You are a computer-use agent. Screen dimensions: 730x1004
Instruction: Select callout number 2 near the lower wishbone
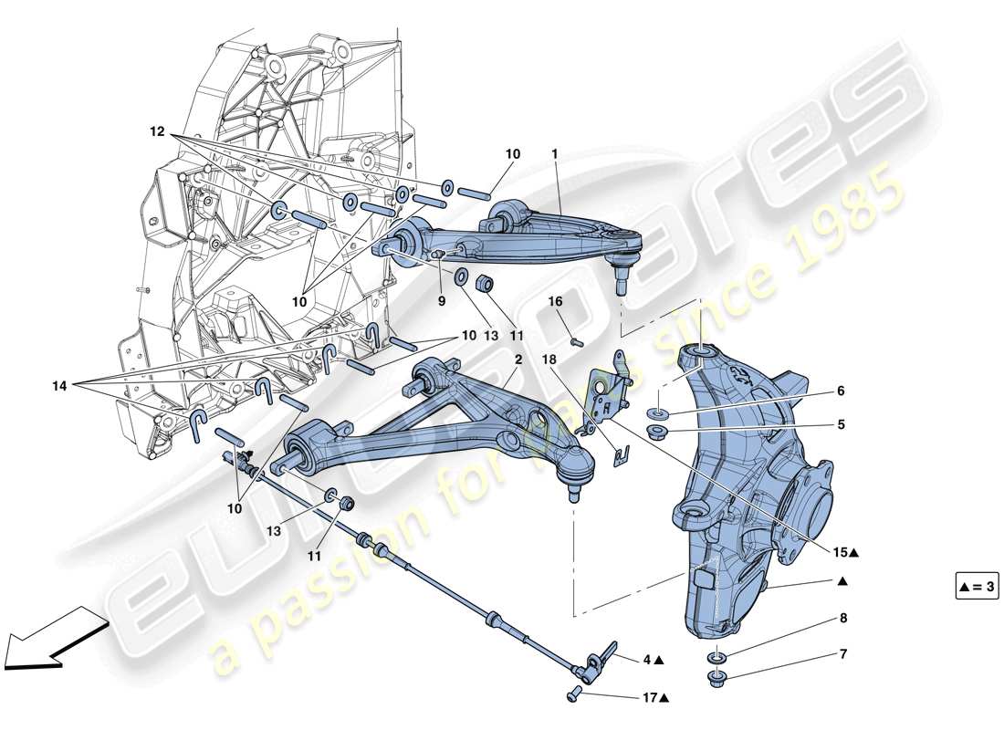pos(518,360)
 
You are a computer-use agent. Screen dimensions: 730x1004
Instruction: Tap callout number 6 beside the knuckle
pos(840,391)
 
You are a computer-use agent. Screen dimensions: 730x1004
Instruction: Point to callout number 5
pos(840,424)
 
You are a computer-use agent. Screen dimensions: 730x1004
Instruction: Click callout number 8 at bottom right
pos(842,618)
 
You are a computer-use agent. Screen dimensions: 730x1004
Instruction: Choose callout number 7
pos(842,654)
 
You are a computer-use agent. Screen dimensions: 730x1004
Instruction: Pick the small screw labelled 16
pos(576,342)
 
